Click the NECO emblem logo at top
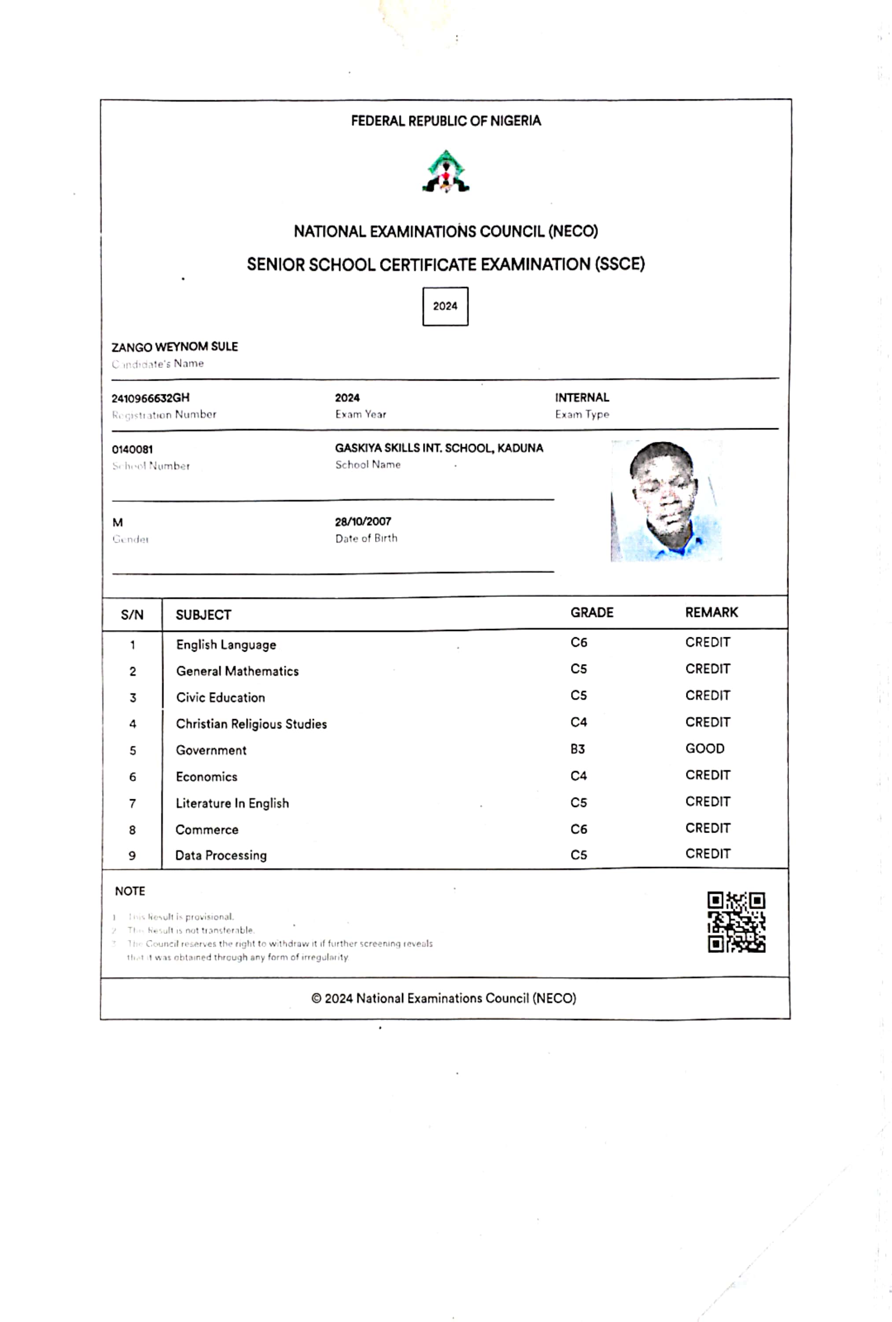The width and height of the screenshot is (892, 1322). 446,171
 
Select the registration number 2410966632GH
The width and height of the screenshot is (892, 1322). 150,398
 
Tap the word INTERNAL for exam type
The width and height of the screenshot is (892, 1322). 582,397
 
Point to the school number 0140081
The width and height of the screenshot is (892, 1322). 132,450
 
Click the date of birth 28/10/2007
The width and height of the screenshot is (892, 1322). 363,521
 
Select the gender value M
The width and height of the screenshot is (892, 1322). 118,522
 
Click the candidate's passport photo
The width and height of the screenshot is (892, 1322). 666,501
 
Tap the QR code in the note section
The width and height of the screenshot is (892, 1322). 736,922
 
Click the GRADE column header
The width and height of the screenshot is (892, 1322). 592,613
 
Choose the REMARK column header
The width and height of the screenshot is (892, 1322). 711,613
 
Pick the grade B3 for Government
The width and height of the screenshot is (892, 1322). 577,749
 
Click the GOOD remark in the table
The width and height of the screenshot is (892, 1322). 704,748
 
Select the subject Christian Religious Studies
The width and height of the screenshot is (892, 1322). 251,724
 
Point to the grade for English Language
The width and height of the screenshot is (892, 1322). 579,643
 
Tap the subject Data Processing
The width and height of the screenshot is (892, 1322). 221,855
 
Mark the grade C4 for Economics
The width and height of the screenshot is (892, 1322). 579,775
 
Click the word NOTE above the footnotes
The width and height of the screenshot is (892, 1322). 130,891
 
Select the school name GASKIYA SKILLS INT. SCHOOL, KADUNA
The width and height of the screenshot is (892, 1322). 439,448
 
